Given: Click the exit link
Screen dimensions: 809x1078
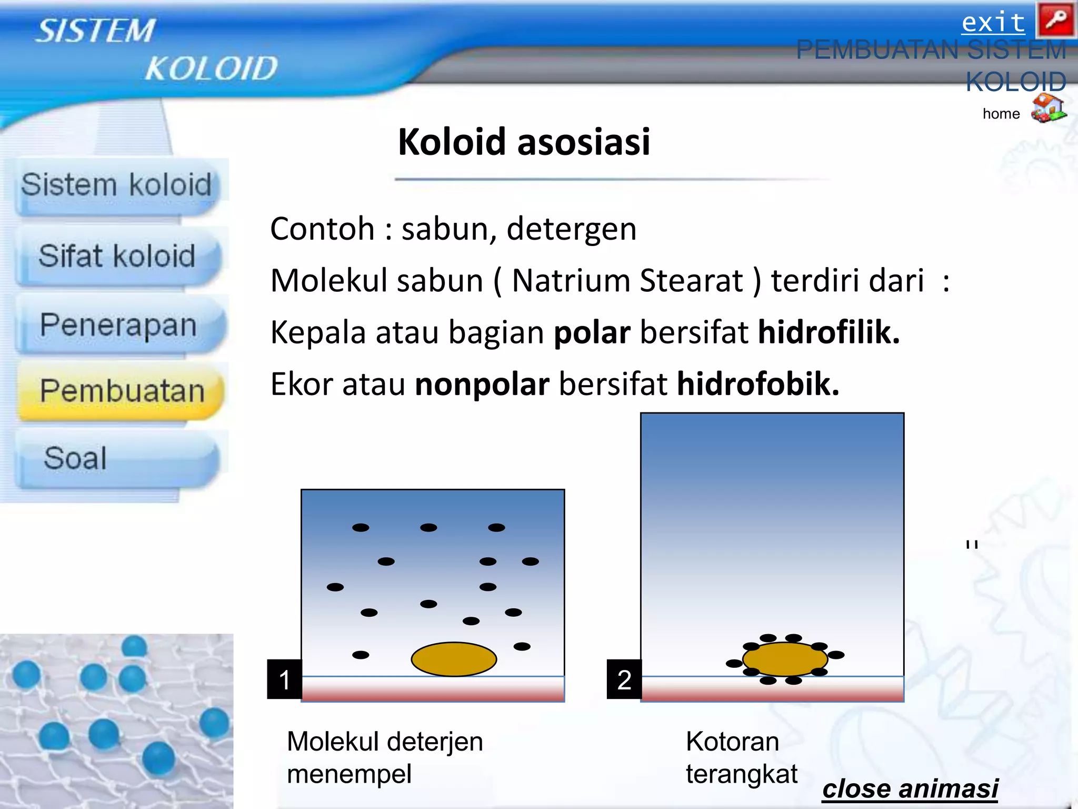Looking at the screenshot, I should pos(993,23).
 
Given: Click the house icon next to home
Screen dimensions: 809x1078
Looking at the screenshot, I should pos(1048,108).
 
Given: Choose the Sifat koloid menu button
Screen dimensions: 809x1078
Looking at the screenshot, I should pos(117,256).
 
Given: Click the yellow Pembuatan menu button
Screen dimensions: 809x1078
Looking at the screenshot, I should pos(121,391).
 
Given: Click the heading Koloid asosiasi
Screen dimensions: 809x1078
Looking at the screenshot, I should pos(524,142).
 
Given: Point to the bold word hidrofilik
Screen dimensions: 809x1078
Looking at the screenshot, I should pos(829,333).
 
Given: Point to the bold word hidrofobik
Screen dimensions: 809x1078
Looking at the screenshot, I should pos(757,384).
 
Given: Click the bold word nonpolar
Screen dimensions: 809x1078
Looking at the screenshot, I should pos(482,384).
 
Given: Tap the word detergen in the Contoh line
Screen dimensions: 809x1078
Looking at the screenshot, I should pos(571,229).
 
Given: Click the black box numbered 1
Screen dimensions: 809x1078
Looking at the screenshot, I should pos(284,679).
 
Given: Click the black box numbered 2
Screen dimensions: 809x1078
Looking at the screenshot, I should pos(624,679).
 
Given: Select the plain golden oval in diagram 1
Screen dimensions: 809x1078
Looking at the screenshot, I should pos(454,659).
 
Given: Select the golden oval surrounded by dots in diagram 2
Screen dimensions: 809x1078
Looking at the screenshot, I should pos(785,659).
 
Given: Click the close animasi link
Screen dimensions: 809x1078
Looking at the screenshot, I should pos(910,788).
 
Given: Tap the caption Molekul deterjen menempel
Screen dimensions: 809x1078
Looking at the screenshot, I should pos(384,757).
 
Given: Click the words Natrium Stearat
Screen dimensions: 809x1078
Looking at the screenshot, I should pos(627,280).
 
